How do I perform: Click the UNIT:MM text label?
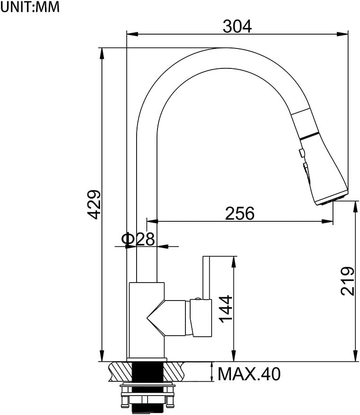pyautogui.click(x=30, y=7)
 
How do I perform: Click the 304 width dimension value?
pyautogui.click(x=237, y=27)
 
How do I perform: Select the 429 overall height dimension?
pyautogui.click(x=95, y=205)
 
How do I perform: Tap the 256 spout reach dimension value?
pyautogui.click(x=240, y=214)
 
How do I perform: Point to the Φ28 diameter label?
pyautogui.click(x=138, y=239)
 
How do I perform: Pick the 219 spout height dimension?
pyautogui.click(x=347, y=281)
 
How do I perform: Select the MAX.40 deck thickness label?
pyautogui.click(x=249, y=375)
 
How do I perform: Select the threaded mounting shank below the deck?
pyautogui.click(x=147, y=371)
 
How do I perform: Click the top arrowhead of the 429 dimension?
pyautogui.click(x=102, y=52)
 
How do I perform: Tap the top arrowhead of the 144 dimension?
pyautogui.click(x=233, y=261)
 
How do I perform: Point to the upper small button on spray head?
pyautogui.click(x=301, y=152)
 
